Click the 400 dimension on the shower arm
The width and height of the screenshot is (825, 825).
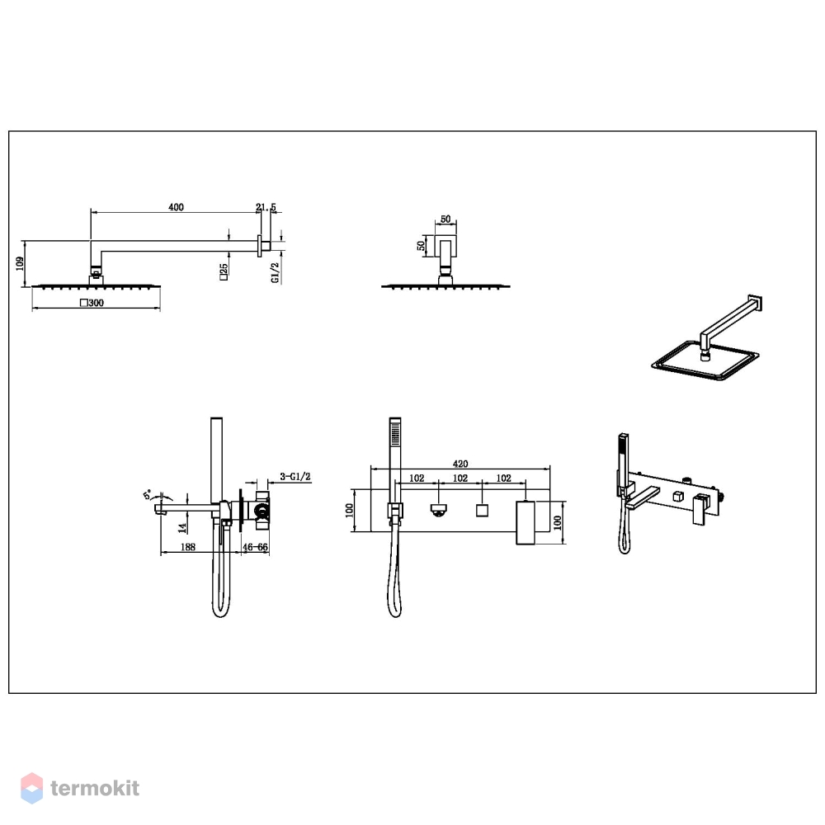tap(177, 207)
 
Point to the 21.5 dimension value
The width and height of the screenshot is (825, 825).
tap(266, 207)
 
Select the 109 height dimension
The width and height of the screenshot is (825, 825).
tap(20, 264)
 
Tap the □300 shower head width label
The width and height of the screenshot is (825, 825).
tap(92, 303)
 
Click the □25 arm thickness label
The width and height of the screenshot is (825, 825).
tap(224, 271)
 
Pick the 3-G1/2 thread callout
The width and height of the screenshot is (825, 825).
tap(295, 477)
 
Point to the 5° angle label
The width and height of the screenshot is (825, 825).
tap(148, 494)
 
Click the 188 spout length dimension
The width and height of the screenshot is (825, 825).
tap(188, 547)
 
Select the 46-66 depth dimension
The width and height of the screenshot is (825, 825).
tap(255, 547)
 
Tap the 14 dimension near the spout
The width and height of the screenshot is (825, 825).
tap(182, 526)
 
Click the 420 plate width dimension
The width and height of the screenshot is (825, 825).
tap(460, 464)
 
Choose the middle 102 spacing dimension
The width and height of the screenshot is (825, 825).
tap(460, 478)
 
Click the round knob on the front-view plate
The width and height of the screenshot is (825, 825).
tap(438, 510)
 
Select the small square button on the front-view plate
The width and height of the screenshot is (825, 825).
tap(482, 511)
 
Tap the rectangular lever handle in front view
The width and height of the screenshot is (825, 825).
tap(525, 522)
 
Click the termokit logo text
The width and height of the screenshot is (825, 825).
tap(95, 788)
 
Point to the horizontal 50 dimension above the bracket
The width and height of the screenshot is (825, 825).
tap(445, 219)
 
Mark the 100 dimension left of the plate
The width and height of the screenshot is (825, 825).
tap(349, 511)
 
